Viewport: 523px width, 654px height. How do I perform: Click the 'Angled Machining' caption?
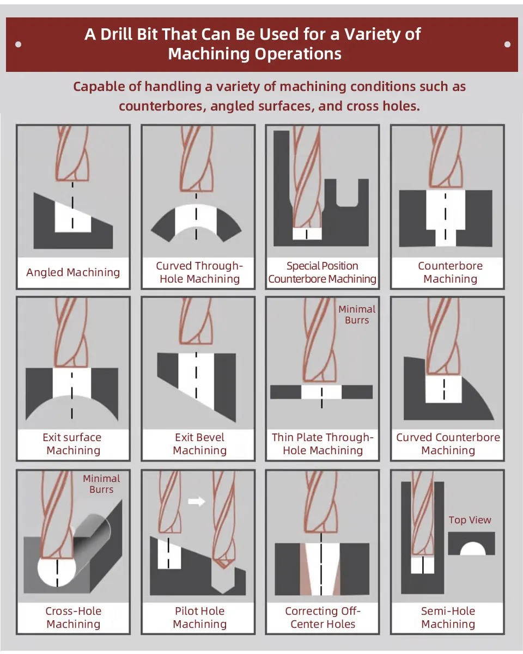(x=73, y=272)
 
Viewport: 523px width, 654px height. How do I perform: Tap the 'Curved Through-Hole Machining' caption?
(x=199, y=272)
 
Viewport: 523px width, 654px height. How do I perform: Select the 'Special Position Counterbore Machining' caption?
(x=322, y=272)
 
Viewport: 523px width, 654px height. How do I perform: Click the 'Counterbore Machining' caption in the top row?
(x=450, y=272)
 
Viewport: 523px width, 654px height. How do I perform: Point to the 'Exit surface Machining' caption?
(x=72, y=444)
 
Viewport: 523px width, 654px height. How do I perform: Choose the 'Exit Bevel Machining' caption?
(x=199, y=444)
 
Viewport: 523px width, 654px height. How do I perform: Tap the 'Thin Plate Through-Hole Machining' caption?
(x=323, y=444)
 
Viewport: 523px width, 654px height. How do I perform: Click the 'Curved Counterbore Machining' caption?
(x=448, y=444)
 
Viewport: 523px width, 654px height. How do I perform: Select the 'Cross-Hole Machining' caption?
(x=73, y=618)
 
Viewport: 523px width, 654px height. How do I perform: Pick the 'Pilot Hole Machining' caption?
(x=199, y=618)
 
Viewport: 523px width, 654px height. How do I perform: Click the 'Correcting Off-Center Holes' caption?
(x=323, y=618)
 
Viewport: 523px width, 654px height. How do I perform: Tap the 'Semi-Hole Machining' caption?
(x=448, y=618)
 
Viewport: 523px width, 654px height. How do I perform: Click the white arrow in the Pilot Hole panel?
(x=196, y=501)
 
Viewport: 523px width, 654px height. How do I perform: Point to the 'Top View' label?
(x=470, y=520)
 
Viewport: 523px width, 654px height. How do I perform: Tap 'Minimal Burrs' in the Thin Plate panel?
(x=357, y=315)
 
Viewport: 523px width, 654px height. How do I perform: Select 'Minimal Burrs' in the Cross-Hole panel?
(x=101, y=484)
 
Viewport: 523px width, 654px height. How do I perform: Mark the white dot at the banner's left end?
(x=19, y=45)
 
